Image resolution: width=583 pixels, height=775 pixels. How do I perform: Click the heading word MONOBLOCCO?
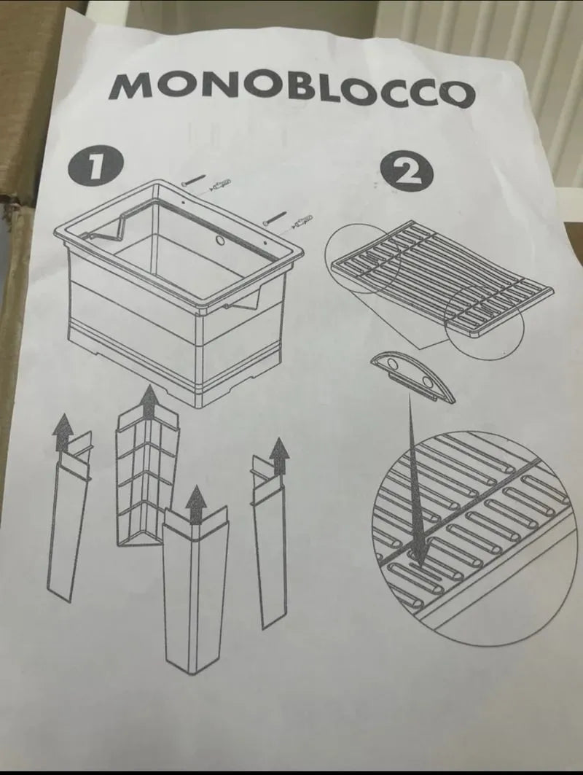(292, 90)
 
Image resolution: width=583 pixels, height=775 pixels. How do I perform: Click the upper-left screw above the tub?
(193, 180)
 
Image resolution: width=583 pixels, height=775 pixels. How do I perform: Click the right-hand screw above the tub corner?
(275, 217)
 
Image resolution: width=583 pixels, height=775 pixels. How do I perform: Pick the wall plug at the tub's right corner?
(301, 222)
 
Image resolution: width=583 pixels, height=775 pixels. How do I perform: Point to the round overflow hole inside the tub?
(220, 241)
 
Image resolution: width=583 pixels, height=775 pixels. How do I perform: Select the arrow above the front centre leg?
(197, 504)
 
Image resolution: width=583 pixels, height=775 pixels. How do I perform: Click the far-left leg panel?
(69, 519)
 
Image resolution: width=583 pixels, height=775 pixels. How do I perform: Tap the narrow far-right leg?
(269, 544)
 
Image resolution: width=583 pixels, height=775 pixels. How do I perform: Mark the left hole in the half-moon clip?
(393, 365)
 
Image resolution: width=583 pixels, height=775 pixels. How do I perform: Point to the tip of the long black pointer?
(421, 566)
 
